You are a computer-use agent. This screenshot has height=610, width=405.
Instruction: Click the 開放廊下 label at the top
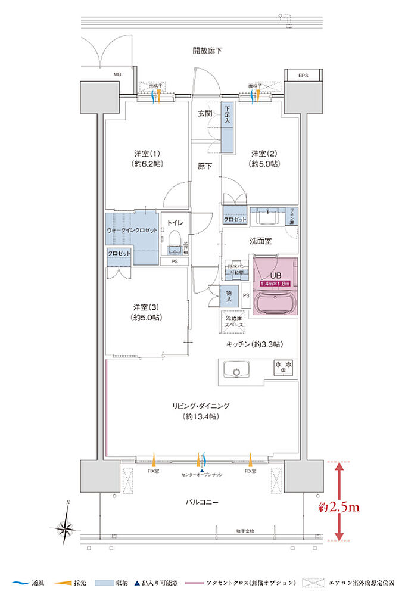tap(207, 51)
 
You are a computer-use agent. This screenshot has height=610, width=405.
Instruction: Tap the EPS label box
tap(303, 76)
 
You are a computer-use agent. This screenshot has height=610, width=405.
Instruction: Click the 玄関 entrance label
tap(205, 113)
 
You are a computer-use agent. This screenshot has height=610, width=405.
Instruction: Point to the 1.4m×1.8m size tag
tap(274, 283)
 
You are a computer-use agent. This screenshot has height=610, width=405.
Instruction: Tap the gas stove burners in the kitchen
tap(282, 368)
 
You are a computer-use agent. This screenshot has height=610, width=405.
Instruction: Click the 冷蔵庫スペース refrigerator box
tap(233, 323)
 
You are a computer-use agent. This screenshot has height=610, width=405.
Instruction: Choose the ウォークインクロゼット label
tap(132, 229)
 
